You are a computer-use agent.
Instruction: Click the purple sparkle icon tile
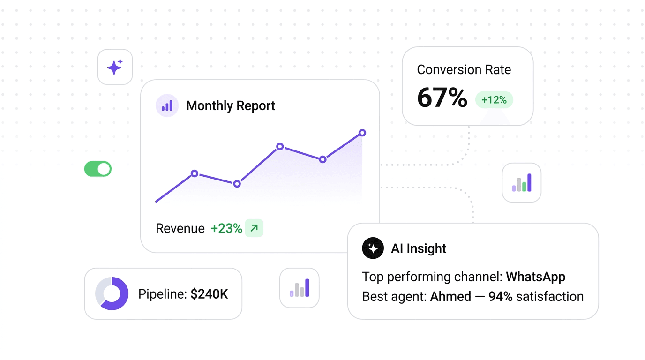[x=115, y=67]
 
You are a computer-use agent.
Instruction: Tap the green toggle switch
[x=98, y=169]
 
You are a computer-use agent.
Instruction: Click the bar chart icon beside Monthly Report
[x=167, y=106]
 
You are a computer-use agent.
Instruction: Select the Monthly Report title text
[x=231, y=106]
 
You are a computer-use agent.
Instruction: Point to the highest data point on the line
[x=362, y=133]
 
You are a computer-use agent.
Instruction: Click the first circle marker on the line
[x=195, y=173]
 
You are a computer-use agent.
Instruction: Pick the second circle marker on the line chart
[x=237, y=184]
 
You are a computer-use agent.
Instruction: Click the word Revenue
[x=180, y=229]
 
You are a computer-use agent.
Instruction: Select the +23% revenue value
[x=226, y=229]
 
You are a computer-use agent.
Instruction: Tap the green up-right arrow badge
[x=254, y=228]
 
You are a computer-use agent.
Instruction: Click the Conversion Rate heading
[x=464, y=70]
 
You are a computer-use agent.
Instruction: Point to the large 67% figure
[x=442, y=98]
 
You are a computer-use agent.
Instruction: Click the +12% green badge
[x=494, y=100]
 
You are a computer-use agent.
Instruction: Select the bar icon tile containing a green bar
[x=521, y=183]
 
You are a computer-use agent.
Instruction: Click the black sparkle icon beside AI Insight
[x=373, y=248]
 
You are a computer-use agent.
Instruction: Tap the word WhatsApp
[x=535, y=277]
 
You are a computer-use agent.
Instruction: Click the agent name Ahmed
[x=450, y=297]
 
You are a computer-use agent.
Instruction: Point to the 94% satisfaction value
[x=500, y=297]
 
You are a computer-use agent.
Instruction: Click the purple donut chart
[x=112, y=293]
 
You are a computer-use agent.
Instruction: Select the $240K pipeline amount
[x=209, y=294]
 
